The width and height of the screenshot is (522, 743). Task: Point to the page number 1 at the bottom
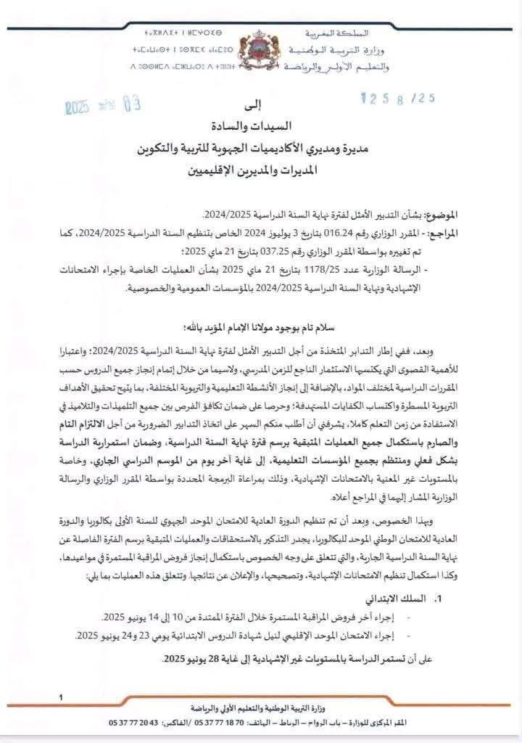(x=62, y=697)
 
